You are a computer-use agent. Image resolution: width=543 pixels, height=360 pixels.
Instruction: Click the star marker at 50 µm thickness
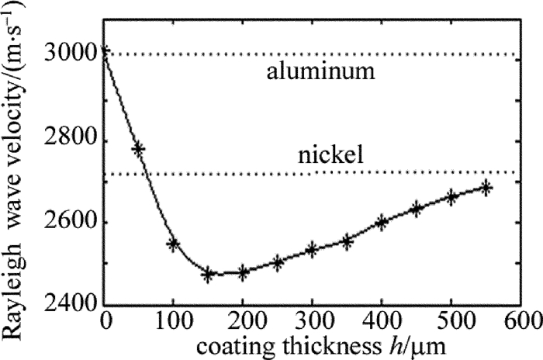pos(139,148)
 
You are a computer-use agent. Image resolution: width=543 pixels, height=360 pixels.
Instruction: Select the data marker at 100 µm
pos(174,244)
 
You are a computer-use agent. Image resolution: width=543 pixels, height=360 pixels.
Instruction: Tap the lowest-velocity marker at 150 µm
pos(208,274)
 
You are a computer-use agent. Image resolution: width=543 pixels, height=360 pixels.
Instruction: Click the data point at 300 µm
pos(312,249)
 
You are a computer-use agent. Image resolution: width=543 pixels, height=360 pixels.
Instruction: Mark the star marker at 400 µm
pos(382,222)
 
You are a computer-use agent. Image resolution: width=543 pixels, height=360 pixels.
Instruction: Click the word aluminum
pos(322,74)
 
